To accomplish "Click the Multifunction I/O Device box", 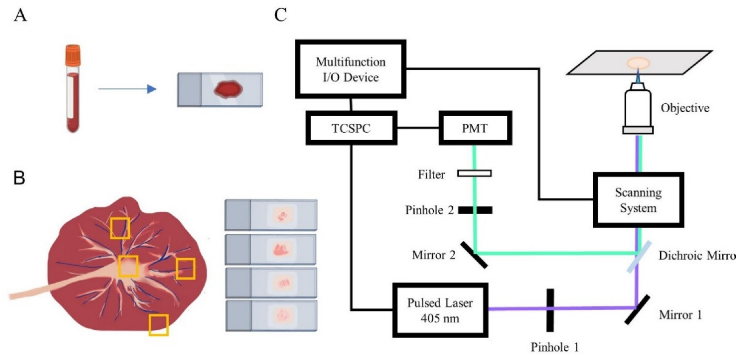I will (x=351, y=69).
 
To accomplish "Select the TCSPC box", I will (x=351, y=128).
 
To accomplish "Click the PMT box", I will (x=475, y=128).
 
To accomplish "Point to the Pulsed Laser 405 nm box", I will (x=440, y=310).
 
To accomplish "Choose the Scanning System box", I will (x=638, y=200).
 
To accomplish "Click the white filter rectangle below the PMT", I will (x=474, y=173).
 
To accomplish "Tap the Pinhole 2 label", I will (x=429, y=210).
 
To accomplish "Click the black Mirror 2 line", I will (x=474, y=255).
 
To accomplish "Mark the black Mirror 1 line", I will (x=637, y=310).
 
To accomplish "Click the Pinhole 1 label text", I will (x=555, y=347).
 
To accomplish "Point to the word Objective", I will (x=685, y=108).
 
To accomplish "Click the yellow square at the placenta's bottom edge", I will (x=158, y=325).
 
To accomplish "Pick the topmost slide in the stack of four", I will (x=271, y=215).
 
